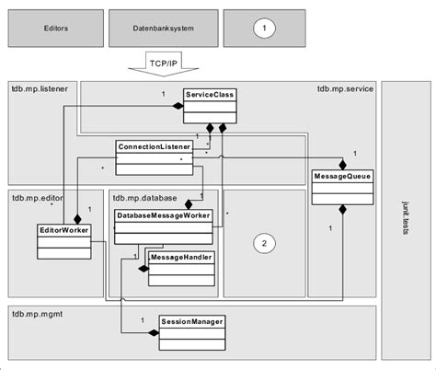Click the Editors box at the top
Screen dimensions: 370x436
click(54, 29)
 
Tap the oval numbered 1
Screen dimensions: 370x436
click(265, 29)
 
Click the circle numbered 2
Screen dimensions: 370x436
click(264, 243)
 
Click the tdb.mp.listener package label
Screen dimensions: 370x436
click(40, 89)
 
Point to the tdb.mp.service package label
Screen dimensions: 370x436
click(344, 89)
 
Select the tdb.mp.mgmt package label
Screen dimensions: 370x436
click(36, 313)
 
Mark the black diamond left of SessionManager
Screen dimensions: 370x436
click(154, 332)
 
